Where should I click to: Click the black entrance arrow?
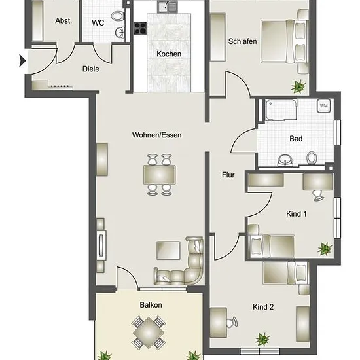click(x=22, y=61)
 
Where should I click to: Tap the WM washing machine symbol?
click(x=324, y=106)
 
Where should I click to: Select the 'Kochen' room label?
click(x=169, y=54)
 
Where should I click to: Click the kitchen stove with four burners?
click(x=140, y=28)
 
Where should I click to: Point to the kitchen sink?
click(x=167, y=7)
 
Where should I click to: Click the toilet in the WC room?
click(x=118, y=16)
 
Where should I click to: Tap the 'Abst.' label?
click(x=63, y=21)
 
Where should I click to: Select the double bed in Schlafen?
click(x=284, y=41)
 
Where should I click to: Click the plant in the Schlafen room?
click(x=298, y=86)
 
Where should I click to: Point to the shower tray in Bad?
click(x=281, y=110)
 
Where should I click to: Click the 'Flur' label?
click(x=228, y=175)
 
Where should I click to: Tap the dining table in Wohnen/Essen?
click(x=160, y=175)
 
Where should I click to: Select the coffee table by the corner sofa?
click(x=168, y=250)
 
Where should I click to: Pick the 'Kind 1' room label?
click(x=296, y=214)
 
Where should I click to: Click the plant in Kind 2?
click(x=262, y=339)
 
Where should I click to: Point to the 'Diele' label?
click(x=91, y=69)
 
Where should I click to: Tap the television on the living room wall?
click(x=101, y=245)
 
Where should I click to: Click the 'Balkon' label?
click(x=151, y=305)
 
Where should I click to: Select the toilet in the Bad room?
click(x=312, y=158)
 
